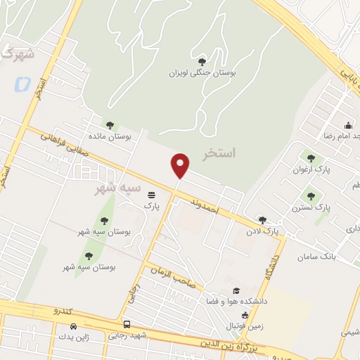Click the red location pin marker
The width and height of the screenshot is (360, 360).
[x=181, y=165]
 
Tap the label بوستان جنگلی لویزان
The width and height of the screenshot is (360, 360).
[x=202, y=72]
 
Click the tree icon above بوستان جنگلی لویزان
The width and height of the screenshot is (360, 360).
[x=202, y=62]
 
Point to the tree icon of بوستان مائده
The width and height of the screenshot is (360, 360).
[x=109, y=124]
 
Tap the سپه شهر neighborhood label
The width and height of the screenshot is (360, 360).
[x=118, y=188]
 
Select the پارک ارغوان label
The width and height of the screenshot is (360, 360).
[x=312, y=169]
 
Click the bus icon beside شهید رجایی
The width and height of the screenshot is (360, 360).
[x=127, y=325]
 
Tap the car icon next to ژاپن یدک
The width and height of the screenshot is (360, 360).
[x=74, y=327]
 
